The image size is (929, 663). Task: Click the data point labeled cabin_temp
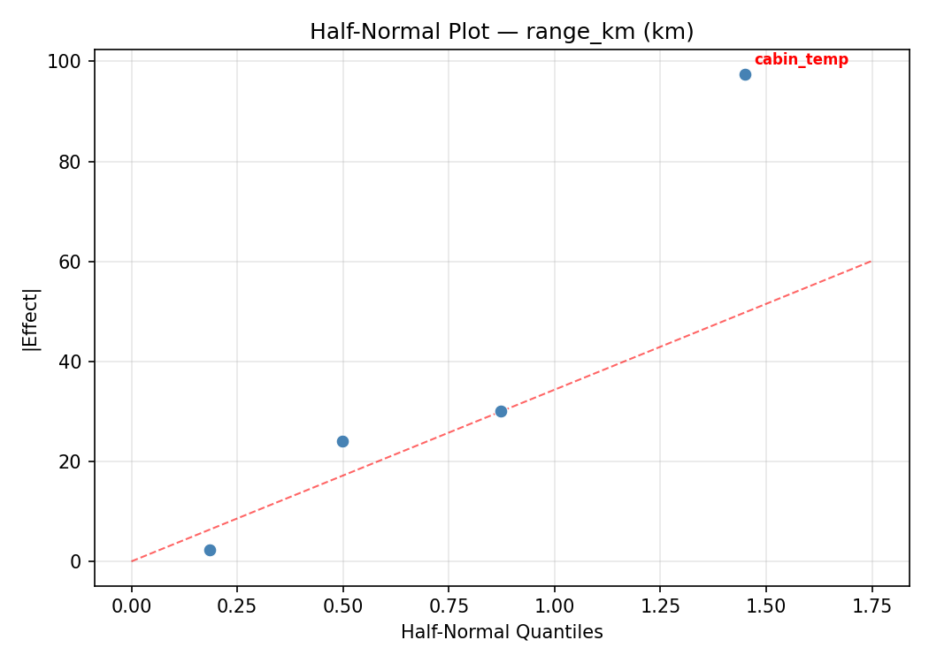(x=745, y=74)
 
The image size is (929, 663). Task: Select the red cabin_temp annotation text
(x=801, y=60)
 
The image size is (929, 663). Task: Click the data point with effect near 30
(x=501, y=411)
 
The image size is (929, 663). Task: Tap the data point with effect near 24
(x=342, y=441)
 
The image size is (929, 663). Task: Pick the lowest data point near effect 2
(x=210, y=550)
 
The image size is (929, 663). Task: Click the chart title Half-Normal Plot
(x=502, y=32)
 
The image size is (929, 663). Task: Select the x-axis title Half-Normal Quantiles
(x=502, y=632)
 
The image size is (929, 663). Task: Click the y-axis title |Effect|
(x=31, y=318)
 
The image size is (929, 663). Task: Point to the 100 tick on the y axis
(x=71, y=62)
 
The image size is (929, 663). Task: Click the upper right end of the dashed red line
(x=871, y=261)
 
